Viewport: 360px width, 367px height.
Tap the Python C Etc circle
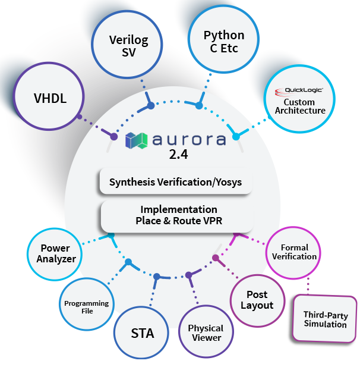[223, 42]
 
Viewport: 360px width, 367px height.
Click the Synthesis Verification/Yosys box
[176, 182]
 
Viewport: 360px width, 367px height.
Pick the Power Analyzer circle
[55, 253]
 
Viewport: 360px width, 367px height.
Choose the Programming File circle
[86, 307]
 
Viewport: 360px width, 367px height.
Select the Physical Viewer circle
[206, 332]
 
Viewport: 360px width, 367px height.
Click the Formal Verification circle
[294, 252]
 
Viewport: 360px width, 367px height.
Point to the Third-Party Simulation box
[325, 319]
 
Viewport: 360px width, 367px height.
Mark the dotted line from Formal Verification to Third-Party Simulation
[308, 287]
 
